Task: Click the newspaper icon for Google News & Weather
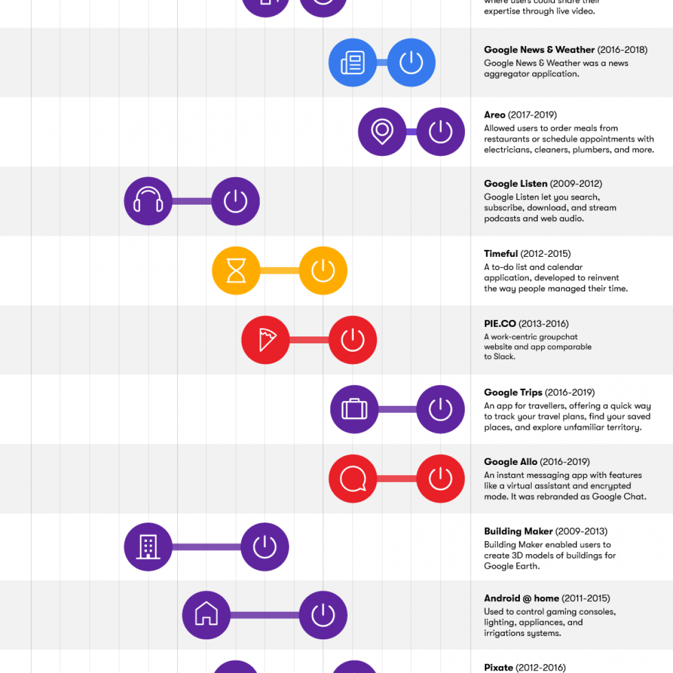pos(353,62)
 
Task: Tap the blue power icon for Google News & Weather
pos(411,62)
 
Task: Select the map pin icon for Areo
pos(382,132)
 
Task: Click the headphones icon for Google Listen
pos(148,201)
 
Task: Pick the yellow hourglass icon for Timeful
pos(236,271)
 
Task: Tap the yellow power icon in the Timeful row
pos(323,271)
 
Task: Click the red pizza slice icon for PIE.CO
pos(266,340)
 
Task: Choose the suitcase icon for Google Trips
pos(354,409)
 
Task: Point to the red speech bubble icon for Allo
pos(353,479)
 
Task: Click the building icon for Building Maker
pos(148,547)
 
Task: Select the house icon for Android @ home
pos(206,615)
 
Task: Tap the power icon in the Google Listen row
pos(236,201)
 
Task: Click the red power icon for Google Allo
pos(441,479)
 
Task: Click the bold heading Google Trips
pos(513,393)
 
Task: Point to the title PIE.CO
pos(500,324)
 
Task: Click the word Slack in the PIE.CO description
pos(504,357)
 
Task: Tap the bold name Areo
pos(495,115)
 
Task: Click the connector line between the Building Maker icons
pos(206,547)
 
